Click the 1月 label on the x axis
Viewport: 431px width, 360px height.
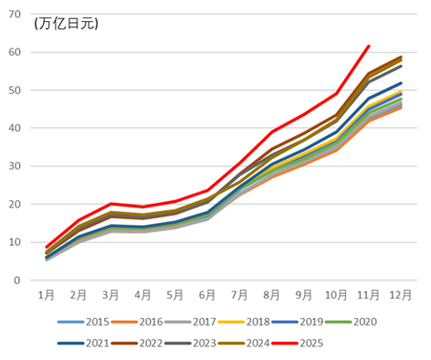pos(47,295)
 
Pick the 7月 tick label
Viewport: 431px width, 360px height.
pos(240,295)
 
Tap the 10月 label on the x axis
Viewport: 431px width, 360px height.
pos(336,295)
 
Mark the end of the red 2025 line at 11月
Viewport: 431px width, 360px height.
pos(368,46)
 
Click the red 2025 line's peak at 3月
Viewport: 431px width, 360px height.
pos(110,204)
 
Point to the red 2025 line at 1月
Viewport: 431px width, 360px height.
pos(47,248)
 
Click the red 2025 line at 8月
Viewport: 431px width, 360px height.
pos(272,132)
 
